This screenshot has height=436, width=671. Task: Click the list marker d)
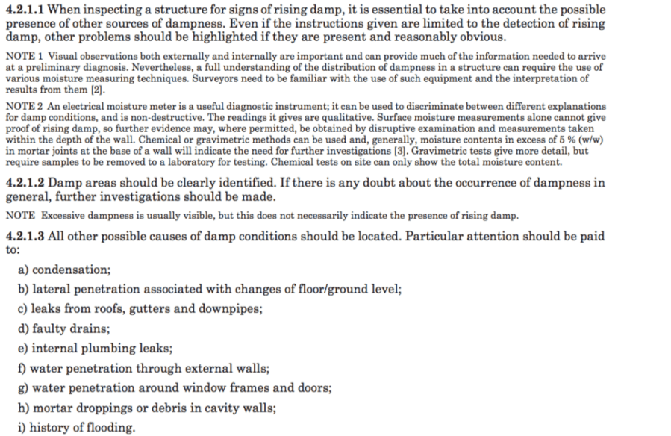23,328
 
